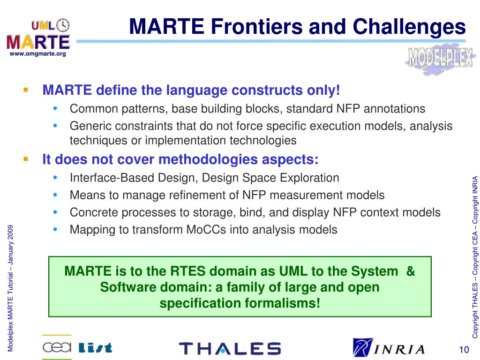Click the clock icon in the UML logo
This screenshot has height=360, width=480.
63,25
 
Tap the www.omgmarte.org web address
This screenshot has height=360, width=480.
38,54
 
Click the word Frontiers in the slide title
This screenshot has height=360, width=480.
257,27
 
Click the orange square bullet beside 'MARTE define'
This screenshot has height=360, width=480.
26,90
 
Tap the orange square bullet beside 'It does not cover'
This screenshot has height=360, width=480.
26,159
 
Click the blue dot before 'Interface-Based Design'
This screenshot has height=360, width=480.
55,177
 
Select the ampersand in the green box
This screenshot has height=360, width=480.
411,271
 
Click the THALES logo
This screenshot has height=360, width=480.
230,348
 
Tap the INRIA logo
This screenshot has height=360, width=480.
389,347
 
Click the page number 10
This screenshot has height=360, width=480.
464,350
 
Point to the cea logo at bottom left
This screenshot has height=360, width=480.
57,347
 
